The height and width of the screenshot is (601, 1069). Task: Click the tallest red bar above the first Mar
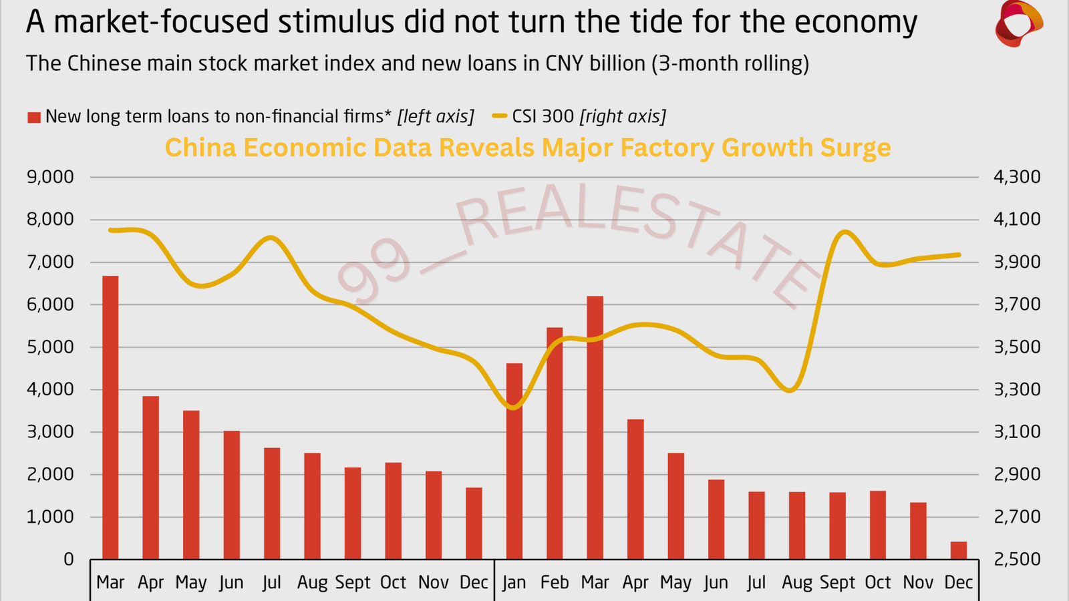(110, 417)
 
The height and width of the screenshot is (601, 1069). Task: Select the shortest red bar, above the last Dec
(958, 551)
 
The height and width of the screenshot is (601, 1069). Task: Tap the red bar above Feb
(555, 443)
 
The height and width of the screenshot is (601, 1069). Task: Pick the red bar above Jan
(514, 461)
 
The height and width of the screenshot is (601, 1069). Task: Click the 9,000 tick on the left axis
(50, 177)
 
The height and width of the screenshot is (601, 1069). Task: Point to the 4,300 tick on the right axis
(1017, 177)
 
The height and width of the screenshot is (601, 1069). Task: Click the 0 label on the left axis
(68, 560)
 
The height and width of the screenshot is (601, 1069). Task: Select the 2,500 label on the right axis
(1017, 560)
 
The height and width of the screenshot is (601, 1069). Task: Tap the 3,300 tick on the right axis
(1017, 389)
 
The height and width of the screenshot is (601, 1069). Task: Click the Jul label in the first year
(271, 583)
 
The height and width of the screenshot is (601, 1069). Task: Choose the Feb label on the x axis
(555, 583)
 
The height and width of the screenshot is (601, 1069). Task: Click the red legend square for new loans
(33, 118)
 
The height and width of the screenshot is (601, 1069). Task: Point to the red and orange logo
(1018, 24)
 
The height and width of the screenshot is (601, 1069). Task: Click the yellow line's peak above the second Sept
(845, 232)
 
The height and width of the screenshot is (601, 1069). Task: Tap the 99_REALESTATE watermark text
(575, 247)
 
